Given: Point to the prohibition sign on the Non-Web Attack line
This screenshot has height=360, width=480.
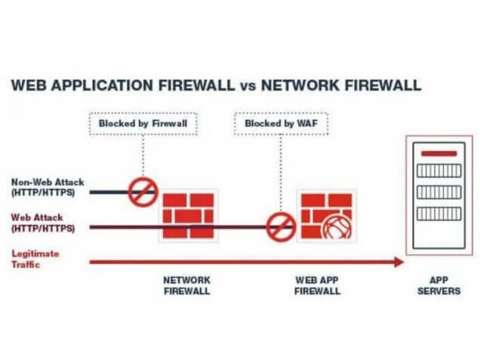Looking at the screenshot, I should point(142,192).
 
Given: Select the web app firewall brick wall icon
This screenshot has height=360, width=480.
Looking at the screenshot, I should point(323,215).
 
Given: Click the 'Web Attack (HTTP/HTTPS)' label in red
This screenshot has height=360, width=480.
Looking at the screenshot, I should point(43,222).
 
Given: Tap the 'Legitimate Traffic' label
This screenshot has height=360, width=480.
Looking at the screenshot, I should point(35,258).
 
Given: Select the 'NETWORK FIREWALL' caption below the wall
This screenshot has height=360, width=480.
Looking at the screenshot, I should point(186,285).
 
